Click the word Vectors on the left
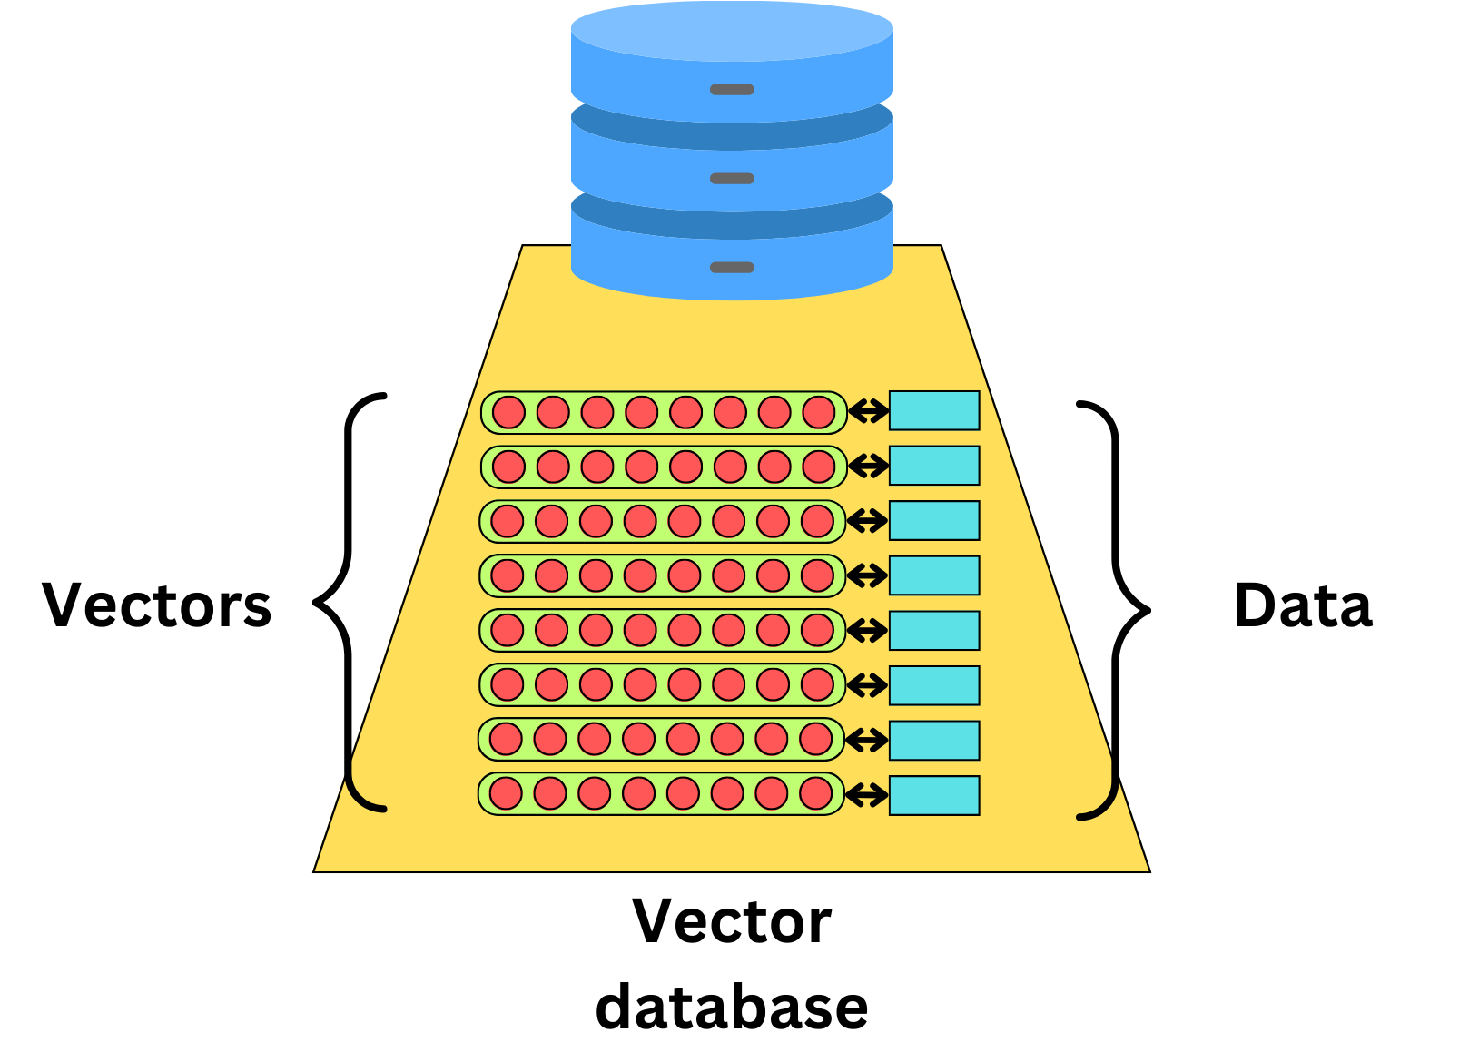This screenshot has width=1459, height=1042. click(x=157, y=605)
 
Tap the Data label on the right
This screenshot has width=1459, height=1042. click(x=1303, y=605)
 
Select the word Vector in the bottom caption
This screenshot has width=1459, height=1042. click(x=732, y=922)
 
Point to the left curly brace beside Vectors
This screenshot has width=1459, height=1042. click(x=348, y=602)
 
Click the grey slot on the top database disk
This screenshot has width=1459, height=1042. click(x=732, y=90)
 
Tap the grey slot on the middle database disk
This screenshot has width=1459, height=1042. click(x=732, y=179)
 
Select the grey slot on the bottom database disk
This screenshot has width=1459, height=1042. click(x=732, y=268)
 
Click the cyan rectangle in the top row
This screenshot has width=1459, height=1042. click(x=934, y=411)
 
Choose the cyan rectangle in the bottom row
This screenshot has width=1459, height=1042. click(x=934, y=796)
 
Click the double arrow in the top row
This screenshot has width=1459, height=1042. click(x=868, y=412)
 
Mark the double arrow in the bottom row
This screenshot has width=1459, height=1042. click(x=867, y=796)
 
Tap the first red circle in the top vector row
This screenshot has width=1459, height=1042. click(x=508, y=412)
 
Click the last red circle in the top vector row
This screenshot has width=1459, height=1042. click(x=819, y=412)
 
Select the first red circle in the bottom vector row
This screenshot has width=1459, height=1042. click(x=506, y=793)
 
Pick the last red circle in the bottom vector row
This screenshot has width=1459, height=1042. click(x=816, y=793)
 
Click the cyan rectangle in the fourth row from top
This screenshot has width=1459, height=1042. click(x=934, y=575)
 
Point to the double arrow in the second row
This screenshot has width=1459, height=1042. click(x=868, y=467)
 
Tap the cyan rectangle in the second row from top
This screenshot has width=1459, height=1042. click(x=934, y=466)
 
